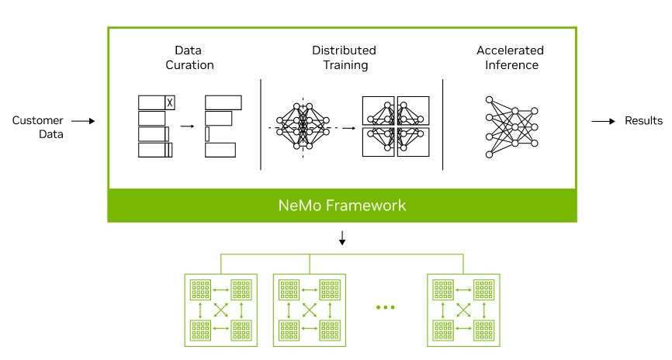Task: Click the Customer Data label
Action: click(x=38, y=127)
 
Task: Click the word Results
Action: click(x=644, y=120)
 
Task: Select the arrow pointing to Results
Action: click(x=603, y=121)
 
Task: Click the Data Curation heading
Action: click(x=189, y=58)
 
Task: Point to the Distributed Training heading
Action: click(x=344, y=58)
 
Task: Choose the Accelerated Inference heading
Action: click(x=511, y=58)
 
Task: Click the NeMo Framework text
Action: click(x=342, y=206)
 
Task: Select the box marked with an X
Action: click(x=171, y=102)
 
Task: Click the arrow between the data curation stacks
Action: click(x=186, y=126)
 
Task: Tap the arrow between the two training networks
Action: click(x=348, y=126)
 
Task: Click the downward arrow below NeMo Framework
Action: click(x=342, y=239)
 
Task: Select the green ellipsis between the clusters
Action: click(x=385, y=308)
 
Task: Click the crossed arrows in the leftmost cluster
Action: click(x=221, y=310)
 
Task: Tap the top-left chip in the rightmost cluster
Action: click(x=444, y=289)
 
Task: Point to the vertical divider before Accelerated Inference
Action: click(x=443, y=124)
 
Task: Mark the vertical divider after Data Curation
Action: click(x=260, y=124)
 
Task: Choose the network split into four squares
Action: click(x=396, y=126)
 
